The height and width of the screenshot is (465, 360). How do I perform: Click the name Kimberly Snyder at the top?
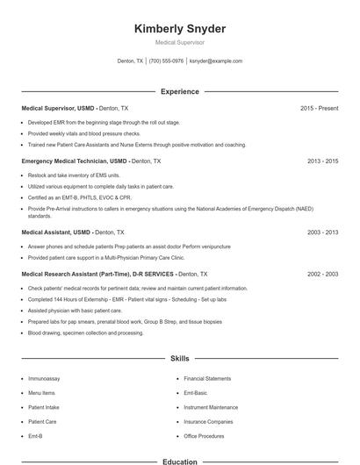[x=180, y=29]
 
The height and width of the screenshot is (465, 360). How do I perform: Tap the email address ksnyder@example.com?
[x=215, y=61]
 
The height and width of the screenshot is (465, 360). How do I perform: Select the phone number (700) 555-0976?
[x=166, y=61]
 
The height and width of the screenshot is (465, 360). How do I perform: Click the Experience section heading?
[x=180, y=91]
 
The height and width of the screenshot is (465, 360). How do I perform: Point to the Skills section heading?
[x=180, y=359]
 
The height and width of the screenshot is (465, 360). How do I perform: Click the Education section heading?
[x=180, y=461]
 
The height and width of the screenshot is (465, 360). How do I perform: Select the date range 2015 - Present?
[x=319, y=108]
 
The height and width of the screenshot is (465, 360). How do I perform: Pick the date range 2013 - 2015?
[x=322, y=161]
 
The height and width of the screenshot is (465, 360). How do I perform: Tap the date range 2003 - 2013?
[x=322, y=232]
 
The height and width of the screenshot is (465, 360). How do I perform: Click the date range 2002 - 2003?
[x=322, y=274]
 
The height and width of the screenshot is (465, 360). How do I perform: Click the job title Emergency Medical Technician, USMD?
[x=74, y=161]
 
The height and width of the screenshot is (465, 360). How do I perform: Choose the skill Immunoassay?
[x=44, y=378]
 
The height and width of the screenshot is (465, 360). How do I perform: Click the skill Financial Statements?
[x=207, y=378]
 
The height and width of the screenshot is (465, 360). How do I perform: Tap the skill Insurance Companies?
[x=206, y=421]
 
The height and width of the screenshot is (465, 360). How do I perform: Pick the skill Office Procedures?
[x=204, y=436]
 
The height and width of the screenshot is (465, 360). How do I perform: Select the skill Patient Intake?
[x=43, y=407]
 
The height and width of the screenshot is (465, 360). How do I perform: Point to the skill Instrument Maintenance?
[x=211, y=407]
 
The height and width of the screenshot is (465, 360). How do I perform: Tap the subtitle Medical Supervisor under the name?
[x=180, y=42]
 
